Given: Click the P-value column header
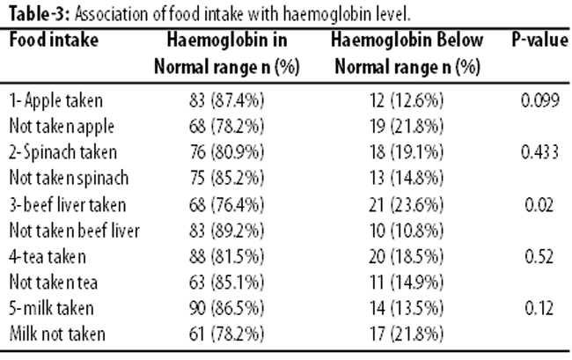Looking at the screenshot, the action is (x=540, y=40).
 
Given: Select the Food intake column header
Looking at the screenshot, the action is (x=54, y=40).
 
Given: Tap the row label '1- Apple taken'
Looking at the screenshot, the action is (x=55, y=101).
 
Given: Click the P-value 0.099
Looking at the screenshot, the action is (x=540, y=100).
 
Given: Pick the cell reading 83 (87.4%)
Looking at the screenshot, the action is (x=226, y=100).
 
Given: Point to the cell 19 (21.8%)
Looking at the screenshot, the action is (x=407, y=126).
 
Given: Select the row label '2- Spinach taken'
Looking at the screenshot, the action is (x=62, y=152).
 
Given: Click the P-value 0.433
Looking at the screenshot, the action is (x=540, y=152).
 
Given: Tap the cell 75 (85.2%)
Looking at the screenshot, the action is (x=226, y=178).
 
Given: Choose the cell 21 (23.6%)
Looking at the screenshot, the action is (x=407, y=204).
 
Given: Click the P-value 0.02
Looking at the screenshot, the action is (x=539, y=204).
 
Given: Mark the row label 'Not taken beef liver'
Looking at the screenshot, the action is (x=75, y=231).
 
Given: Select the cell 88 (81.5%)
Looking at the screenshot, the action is (x=226, y=256).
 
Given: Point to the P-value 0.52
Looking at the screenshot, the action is (x=539, y=256).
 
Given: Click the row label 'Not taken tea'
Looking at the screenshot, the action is (x=54, y=283).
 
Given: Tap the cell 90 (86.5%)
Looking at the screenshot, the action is (x=226, y=308).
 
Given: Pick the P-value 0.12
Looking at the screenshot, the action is (x=539, y=308).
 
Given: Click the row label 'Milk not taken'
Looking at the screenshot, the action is (x=57, y=334).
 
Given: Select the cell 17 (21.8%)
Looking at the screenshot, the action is (x=407, y=334).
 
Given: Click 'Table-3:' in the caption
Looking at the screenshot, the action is (x=39, y=14).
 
